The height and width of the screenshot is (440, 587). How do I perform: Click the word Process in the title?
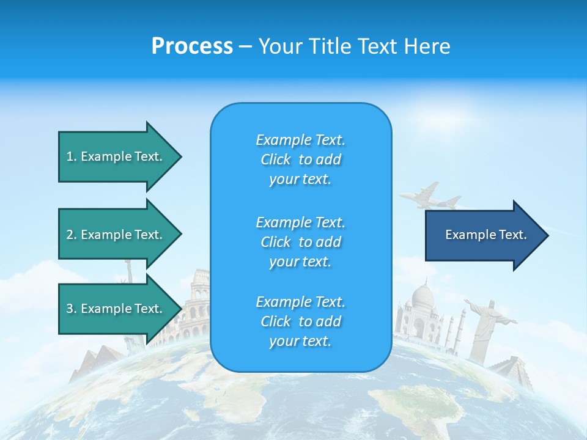192,46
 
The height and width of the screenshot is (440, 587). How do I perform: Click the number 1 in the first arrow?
70,156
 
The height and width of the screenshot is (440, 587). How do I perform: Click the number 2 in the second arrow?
70,235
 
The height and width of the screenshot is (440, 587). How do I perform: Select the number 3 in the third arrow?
70,309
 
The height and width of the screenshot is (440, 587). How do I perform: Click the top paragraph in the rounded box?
300,159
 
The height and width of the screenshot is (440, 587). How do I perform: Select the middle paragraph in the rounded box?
300,242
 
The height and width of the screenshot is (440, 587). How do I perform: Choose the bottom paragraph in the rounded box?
300,321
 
